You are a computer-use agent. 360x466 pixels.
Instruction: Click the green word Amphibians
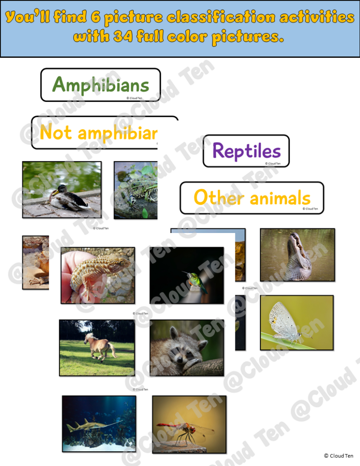[x=101, y=85]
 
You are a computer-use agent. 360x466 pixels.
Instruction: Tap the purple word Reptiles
[x=246, y=151]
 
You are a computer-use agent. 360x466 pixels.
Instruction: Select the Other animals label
[x=252, y=198]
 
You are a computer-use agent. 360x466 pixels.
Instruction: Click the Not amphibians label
[x=98, y=132]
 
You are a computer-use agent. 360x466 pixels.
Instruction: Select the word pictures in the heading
[x=247, y=36]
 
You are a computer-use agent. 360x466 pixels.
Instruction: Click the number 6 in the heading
[x=95, y=17]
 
